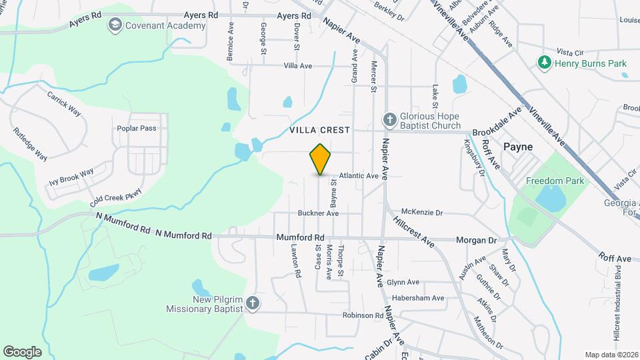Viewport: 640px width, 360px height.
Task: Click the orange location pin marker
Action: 321,159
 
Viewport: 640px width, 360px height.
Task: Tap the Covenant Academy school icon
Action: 114,25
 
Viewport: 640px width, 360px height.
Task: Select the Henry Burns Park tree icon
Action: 545,63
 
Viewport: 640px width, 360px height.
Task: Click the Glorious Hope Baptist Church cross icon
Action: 389,120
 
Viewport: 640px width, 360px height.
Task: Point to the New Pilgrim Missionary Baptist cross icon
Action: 252,304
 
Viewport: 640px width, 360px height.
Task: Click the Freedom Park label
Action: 555,181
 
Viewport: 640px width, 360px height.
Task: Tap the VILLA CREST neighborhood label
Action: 320,131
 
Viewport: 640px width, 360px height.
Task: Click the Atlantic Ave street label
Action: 359,176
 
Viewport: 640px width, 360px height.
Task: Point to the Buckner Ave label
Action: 318,213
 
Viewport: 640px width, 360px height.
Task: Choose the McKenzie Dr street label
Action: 423,213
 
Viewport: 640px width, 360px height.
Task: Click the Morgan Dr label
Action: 477,240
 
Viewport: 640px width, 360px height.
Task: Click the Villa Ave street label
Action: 298,66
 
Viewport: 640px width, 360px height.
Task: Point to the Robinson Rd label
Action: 363,315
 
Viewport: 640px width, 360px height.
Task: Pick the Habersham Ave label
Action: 418,298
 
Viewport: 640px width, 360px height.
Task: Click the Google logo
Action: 22,352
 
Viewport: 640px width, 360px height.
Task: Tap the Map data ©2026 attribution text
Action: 611,355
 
